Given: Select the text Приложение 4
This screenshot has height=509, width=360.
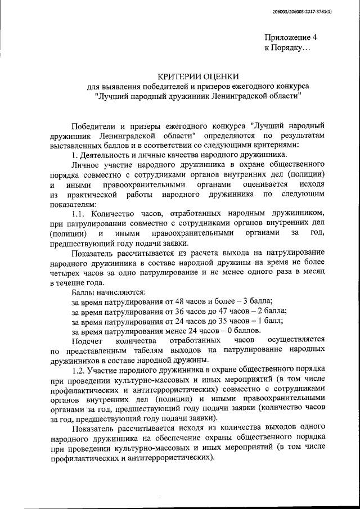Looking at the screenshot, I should [x=291, y=37].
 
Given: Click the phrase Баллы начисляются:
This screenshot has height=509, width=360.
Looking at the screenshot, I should [x=109, y=292].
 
